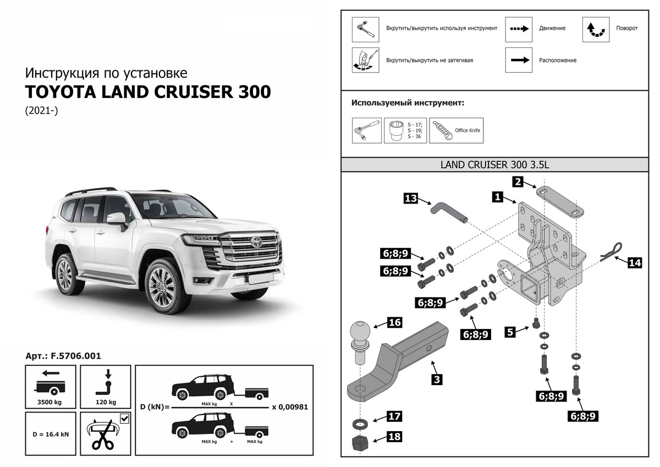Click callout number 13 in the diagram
(x=411, y=198)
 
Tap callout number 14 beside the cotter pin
(x=635, y=263)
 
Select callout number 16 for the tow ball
(x=395, y=322)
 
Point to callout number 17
(x=395, y=416)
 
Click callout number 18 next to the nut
(x=395, y=437)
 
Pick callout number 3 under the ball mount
(x=436, y=379)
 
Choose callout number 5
(x=511, y=332)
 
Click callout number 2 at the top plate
(x=517, y=182)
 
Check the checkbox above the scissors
(x=125, y=420)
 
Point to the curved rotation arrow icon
(x=596, y=30)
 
